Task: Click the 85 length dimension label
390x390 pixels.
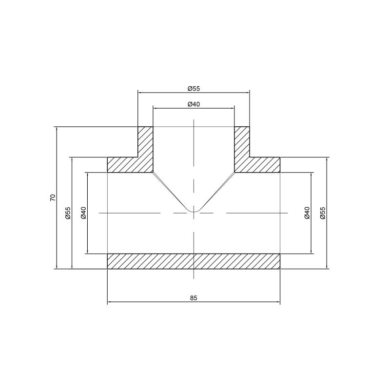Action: [194, 298]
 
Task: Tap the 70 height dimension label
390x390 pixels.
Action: [53, 198]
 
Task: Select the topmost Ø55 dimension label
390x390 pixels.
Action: [194, 89]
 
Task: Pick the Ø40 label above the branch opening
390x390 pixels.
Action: [194, 104]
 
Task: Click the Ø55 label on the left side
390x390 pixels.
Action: [68, 213]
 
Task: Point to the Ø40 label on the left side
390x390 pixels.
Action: [83, 213]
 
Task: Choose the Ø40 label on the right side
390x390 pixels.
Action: [307, 213]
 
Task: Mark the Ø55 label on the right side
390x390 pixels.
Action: [323, 213]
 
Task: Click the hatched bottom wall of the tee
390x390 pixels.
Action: [194, 261]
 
